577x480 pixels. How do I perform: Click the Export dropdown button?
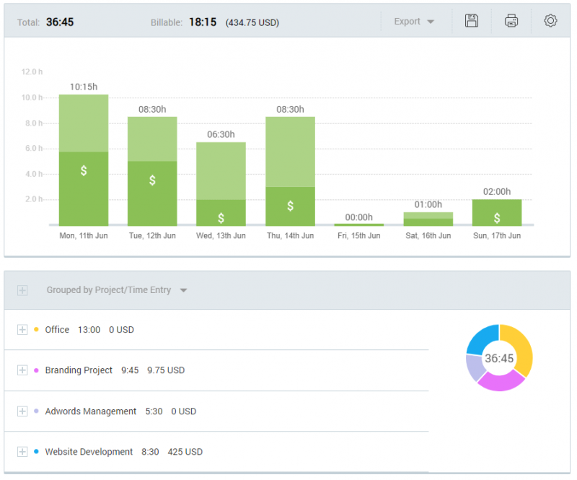(414, 22)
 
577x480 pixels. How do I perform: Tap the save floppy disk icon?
(472, 21)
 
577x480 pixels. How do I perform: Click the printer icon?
(511, 21)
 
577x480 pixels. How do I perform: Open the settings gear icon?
(550, 21)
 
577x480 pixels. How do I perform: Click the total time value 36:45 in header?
(60, 22)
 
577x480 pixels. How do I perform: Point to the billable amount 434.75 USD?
(252, 22)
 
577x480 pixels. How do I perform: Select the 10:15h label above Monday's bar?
(84, 87)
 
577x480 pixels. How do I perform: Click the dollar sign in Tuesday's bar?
(152, 180)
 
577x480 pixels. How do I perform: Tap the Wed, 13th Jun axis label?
(221, 236)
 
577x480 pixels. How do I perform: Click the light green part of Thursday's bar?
(290, 152)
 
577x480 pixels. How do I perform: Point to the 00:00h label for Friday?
(358, 217)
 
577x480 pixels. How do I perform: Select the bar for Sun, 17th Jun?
(496, 212)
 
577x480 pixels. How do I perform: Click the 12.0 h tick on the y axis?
(32, 72)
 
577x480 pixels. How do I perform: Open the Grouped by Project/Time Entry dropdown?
(116, 290)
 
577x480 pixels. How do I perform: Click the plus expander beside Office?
(22, 330)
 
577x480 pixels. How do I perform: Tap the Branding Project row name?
(79, 370)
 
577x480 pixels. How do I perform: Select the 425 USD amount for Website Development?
(185, 452)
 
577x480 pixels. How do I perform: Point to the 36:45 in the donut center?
(499, 359)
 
